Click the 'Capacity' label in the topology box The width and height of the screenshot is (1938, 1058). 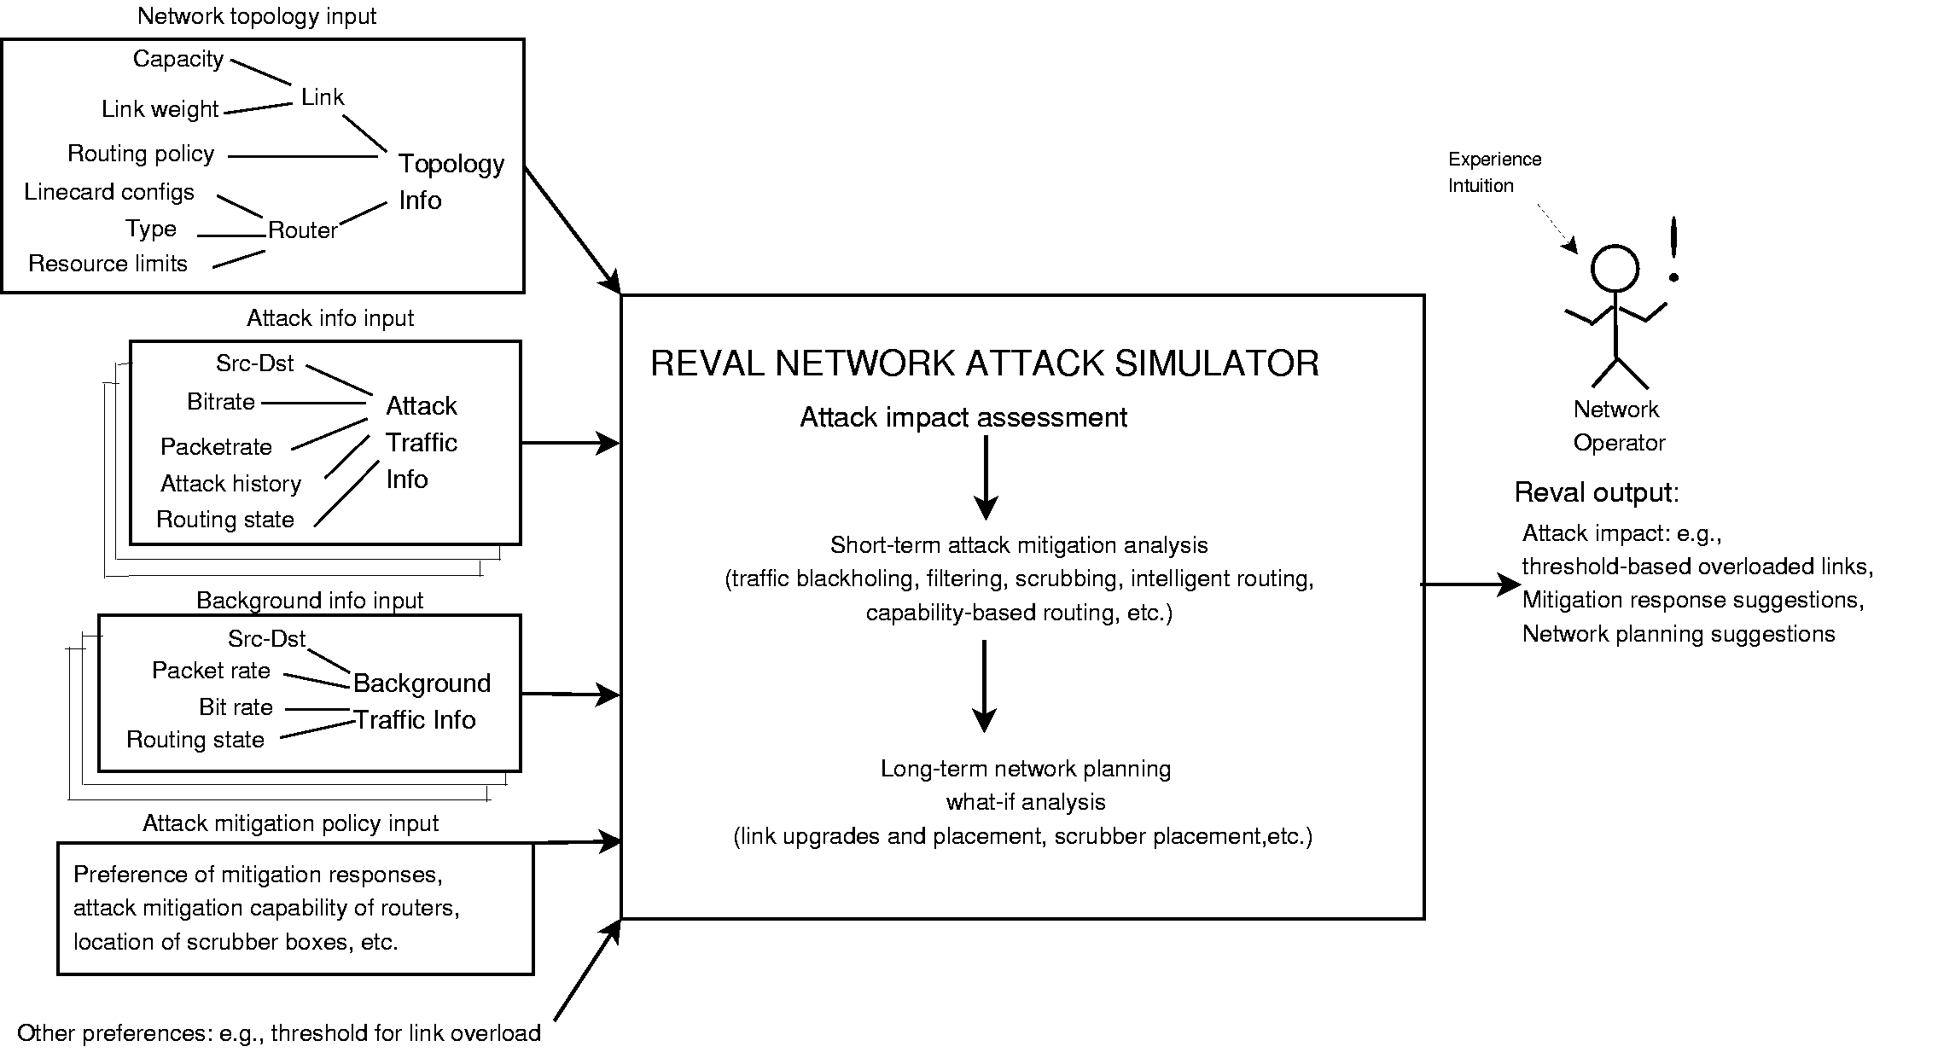pyautogui.click(x=178, y=59)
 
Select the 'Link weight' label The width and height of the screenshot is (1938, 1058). pyautogui.click(x=160, y=109)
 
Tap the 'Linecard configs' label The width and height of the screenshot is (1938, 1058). pyautogui.click(x=109, y=192)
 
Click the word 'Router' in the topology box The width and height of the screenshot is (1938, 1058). pyautogui.click(x=302, y=230)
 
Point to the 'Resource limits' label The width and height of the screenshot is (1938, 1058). pyautogui.click(x=108, y=264)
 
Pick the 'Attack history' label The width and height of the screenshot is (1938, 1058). pyautogui.click(x=230, y=484)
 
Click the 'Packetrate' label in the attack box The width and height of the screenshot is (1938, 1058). pyautogui.click(x=216, y=447)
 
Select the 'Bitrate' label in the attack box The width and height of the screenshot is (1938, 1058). pyautogui.click(x=220, y=402)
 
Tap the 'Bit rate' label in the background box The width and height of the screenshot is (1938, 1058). pyautogui.click(x=236, y=707)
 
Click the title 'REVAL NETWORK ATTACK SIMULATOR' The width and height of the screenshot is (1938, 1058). pyautogui.click(x=984, y=363)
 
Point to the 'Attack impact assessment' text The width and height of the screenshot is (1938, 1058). pyautogui.click(x=963, y=417)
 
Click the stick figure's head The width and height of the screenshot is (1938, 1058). pyautogui.click(x=1615, y=270)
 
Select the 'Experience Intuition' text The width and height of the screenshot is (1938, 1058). pyautogui.click(x=1493, y=172)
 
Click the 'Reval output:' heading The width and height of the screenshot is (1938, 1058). pyautogui.click(x=1596, y=492)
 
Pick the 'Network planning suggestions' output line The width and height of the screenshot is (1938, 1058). pyautogui.click(x=1678, y=634)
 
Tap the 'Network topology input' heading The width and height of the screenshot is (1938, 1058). pyautogui.click(x=257, y=16)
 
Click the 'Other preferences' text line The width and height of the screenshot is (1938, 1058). pyautogui.click(x=278, y=1033)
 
